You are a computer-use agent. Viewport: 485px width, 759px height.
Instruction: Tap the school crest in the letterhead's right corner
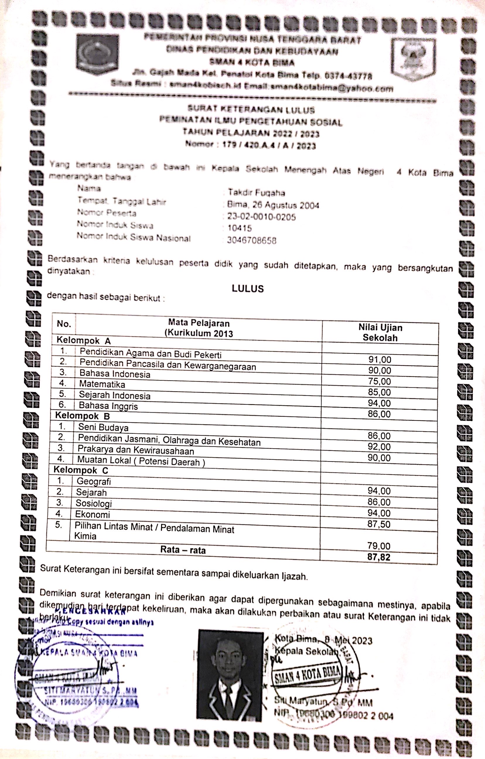(x=414, y=59)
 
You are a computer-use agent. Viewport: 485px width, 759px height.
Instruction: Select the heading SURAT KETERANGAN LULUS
(x=251, y=110)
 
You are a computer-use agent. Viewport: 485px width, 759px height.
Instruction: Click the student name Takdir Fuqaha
(x=256, y=192)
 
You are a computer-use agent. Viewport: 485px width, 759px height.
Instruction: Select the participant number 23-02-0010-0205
(x=262, y=217)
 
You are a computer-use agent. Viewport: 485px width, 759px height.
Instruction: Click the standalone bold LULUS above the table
(x=247, y=289)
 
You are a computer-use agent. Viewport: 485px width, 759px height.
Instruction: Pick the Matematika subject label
(x=102, y=384)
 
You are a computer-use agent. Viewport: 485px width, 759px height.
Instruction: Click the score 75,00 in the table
(x=379, y=381)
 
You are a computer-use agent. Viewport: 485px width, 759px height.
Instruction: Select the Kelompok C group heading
(x=81, y=470)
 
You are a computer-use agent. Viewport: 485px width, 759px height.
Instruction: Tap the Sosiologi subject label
(x=94, y=503)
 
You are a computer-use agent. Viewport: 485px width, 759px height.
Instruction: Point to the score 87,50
(x=379, y=524)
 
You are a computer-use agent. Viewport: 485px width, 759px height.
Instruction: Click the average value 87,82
(x=379, y=557)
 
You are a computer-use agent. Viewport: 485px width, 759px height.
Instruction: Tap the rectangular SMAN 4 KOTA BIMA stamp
(x=307, y=675)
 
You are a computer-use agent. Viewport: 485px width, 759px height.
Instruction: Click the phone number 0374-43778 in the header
(x=348, y=76)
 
